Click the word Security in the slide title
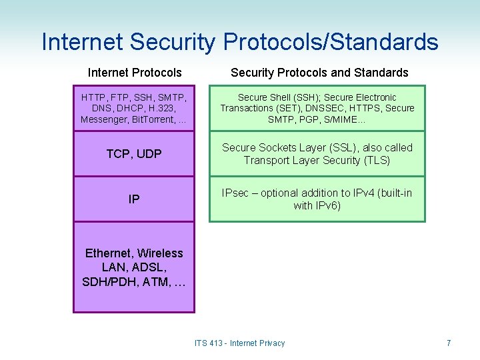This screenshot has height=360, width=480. tap(173, 42)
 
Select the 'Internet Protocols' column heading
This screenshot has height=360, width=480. tap(135, 72)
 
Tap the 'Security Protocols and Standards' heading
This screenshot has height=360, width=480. tap(319, 72)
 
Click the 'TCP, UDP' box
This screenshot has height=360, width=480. tap(134, 154)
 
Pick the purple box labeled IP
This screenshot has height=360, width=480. tap(134, 199)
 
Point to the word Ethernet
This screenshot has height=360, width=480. tap(109, 253)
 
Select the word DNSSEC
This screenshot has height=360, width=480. tap(325, 108)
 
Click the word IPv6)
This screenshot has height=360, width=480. tap(327, 205)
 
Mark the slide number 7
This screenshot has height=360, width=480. tap(449, 343)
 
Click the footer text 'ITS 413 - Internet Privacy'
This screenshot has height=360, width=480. tap(239, 343)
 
